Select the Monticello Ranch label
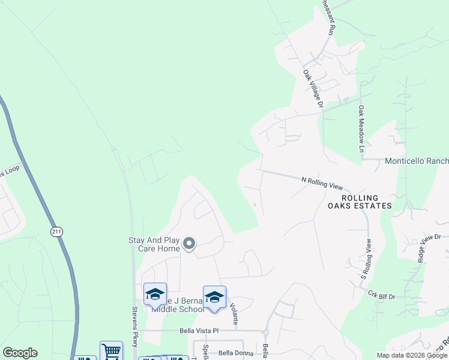(x=416, y=161)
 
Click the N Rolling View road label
(x=322, y=182)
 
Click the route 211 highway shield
(x=56, y=232)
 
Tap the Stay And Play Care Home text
(x=154, y=244)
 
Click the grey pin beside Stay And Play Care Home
(x=189, y=244)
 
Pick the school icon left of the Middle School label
(x=155, y=293)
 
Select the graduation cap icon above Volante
(x=214, y=296)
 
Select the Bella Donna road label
(x=236, y=353)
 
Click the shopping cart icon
(x=111, y=350)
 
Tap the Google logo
(x=20, y=353)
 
